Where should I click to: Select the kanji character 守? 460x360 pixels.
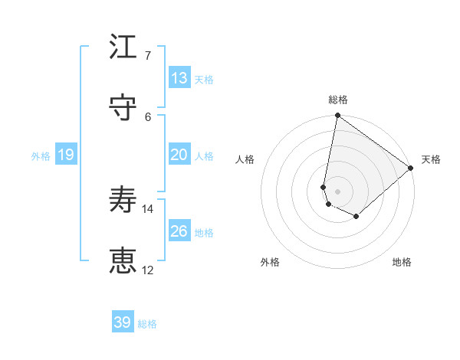[x=123, y=108]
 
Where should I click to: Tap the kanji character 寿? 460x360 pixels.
[x=123, y=201]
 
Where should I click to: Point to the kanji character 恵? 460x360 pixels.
[x=123, y=262]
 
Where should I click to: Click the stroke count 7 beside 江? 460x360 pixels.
[x=149, y=55]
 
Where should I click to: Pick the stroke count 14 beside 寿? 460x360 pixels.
[x=149, y=208]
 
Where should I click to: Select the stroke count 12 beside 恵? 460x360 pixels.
[x=149, y=270]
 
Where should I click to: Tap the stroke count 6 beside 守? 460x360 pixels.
[x=149, y=116]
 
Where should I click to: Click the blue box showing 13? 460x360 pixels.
[x=179, y=78]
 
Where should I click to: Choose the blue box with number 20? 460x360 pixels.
[x=179, y=155]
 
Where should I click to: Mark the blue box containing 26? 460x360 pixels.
[x=179, y=231]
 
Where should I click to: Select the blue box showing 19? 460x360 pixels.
[x=65, y=155]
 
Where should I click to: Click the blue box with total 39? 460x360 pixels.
[x=123, y=322]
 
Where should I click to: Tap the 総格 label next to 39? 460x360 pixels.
[x=147, y=324]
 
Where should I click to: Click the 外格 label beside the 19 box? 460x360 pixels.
[x=41, y=156]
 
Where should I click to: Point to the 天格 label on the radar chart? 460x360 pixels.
[x=431, y=159]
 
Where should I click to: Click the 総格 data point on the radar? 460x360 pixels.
[x=337, y=116]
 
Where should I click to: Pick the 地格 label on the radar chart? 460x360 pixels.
[x=402, y=262]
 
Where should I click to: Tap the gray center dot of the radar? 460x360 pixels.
[x=337, y=191]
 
